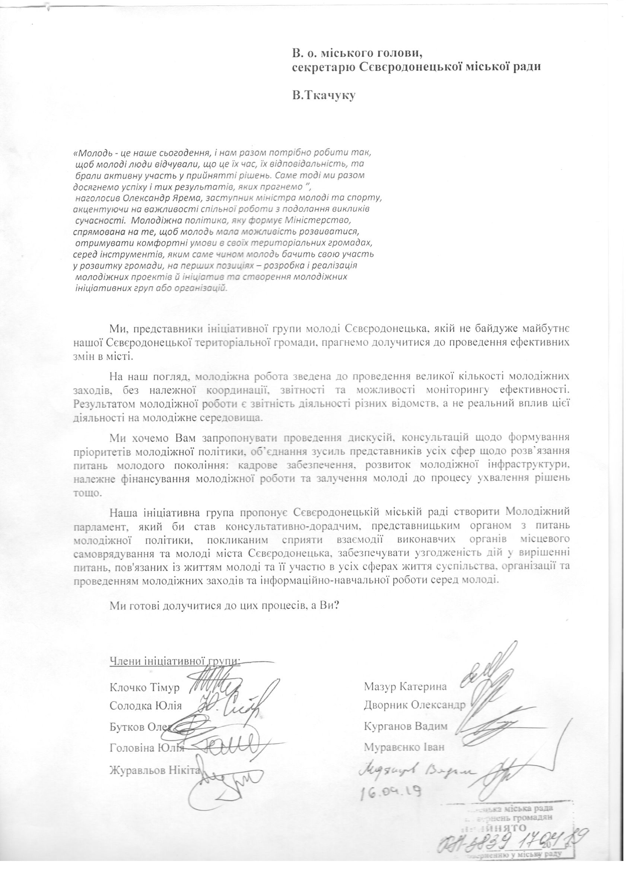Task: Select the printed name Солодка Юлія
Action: click(146, 706)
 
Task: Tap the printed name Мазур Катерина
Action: click(405, 686)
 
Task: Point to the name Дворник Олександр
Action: click(414, 705)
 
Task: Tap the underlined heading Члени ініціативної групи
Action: click(175, 661)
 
